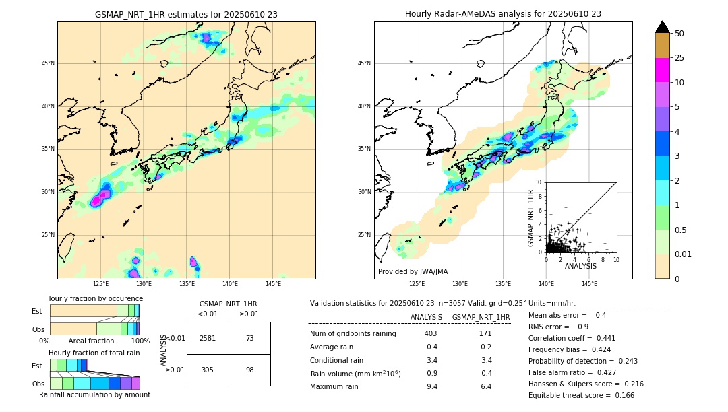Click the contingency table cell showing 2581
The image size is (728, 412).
[208, 339]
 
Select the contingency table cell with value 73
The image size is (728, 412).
[249, 339]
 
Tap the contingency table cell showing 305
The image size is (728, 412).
[208, 370]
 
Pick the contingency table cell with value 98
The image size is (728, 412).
[249, 370]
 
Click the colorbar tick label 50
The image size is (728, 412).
[679, 34]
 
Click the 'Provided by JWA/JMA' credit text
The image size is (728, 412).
[413, 271]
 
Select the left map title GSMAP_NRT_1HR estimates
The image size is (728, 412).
[186, 15]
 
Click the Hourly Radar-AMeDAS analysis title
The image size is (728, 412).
[503, 14]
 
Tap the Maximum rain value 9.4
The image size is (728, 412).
[431, 386]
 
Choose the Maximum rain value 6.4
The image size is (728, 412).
[485, 386]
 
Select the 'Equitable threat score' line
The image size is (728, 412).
[581, 395]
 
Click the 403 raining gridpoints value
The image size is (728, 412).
[431, 334]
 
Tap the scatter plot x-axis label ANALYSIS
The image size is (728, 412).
[580, 266]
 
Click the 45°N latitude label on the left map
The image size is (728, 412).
[48, 63]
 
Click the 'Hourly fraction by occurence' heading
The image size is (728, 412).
[94, 298]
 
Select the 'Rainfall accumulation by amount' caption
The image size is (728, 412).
[94, 395]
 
